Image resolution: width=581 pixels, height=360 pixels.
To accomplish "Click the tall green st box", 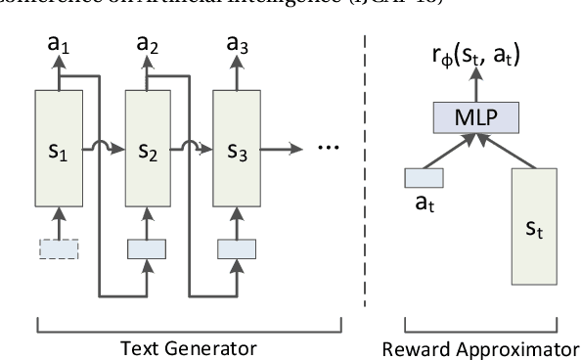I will coord(532,231).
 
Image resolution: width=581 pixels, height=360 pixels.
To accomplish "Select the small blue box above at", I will coord(424,177).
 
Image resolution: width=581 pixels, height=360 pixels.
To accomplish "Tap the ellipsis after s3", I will coord(331,152).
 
